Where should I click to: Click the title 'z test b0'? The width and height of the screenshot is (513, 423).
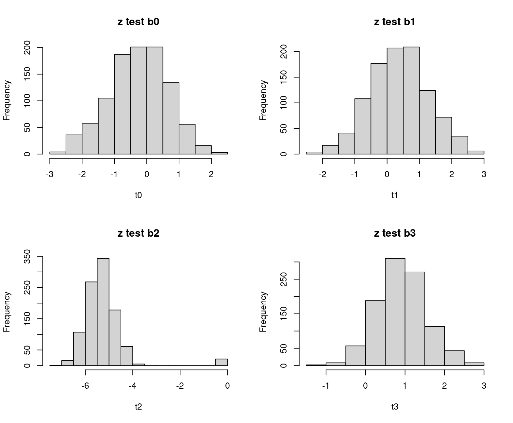(138, 22)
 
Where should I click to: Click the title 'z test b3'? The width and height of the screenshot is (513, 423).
(395, 233)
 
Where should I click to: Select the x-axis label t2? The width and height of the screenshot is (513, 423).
(138, 407)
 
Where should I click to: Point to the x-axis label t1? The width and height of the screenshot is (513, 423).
(395, 195)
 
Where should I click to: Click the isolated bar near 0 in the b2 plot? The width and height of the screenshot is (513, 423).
(222, 362)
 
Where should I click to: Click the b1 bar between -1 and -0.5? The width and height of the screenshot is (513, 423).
(363, 126)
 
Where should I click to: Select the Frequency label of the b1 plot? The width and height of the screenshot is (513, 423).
(263, 100)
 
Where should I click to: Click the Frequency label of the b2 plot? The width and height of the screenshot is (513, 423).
(7, 312)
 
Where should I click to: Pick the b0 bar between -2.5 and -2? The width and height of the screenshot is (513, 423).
(74, 144)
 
